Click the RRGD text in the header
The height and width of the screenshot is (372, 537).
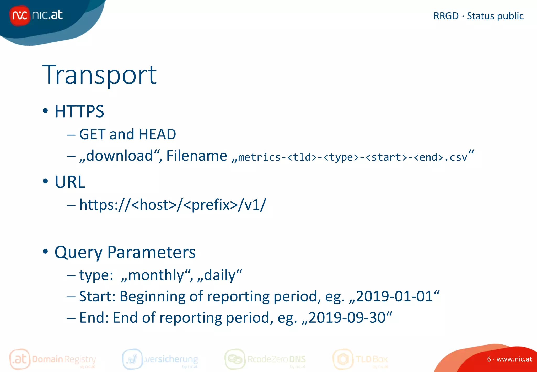(446, 16)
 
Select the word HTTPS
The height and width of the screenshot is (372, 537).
(79, 111)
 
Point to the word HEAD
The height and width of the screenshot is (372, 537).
(157, 134)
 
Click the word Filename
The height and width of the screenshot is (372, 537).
(197, 156)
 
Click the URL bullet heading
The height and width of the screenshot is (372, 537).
(70, 182)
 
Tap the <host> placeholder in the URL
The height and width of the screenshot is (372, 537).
(154, 205)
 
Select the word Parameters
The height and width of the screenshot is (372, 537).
(151, 252)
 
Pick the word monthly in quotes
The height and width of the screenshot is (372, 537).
(156, 275)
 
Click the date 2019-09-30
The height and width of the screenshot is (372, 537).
(347, 318)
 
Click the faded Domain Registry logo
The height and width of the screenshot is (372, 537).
(52, 359)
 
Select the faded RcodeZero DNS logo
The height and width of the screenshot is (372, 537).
(265, 359)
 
